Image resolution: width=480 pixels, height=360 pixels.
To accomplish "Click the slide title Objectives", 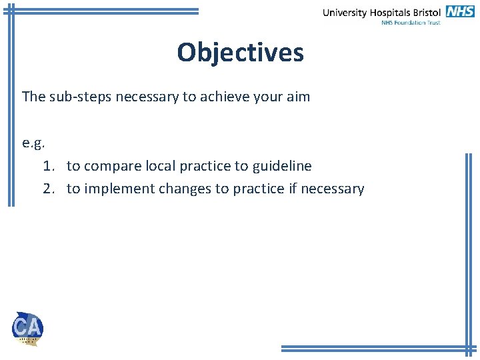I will click(240, 52).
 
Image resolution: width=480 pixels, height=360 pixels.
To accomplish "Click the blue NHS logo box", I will click(460, 11).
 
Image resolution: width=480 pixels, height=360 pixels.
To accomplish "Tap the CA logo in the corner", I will click(27, 328).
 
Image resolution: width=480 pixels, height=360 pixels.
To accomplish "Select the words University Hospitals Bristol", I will click(382, 12).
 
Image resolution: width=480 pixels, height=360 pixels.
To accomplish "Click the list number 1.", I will click(47, 166).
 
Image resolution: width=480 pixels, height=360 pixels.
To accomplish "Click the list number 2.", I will click(47, 189).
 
